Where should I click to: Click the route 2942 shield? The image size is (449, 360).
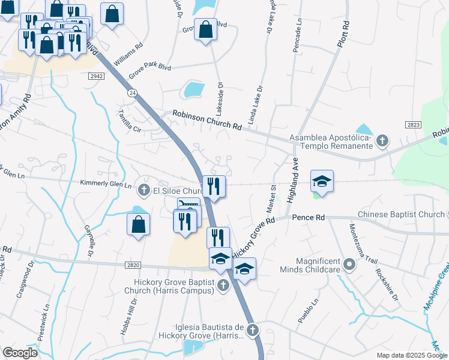pyautogui.click(x=96, y=76)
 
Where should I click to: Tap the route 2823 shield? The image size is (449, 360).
pyautogui.click(x=414, y=124)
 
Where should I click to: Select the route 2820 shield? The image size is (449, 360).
pyautogui.click(x=135, y=265)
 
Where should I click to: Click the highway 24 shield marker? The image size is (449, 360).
pyautogui.click(x=131, y=92)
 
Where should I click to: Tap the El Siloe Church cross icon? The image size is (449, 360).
pyautogui.click(x=143, y=191)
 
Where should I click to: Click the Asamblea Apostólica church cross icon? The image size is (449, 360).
pyautogui.click(x=382, y=142)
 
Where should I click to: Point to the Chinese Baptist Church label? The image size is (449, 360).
pyautogui.click(x=399, y=214)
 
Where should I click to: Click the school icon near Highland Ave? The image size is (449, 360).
pyautogui.click(x=321, y=181)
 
